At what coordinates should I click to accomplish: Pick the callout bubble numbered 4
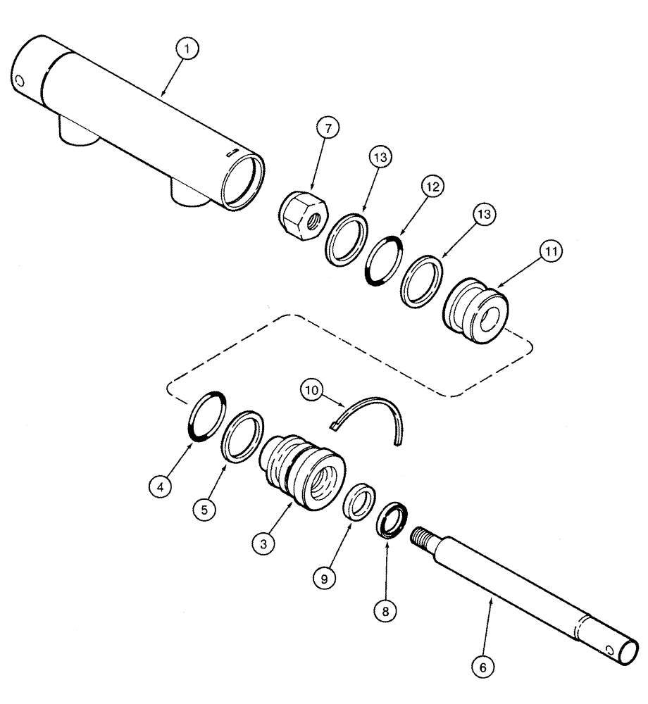coord(161,486)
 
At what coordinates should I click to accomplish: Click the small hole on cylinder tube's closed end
coord(20,81)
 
